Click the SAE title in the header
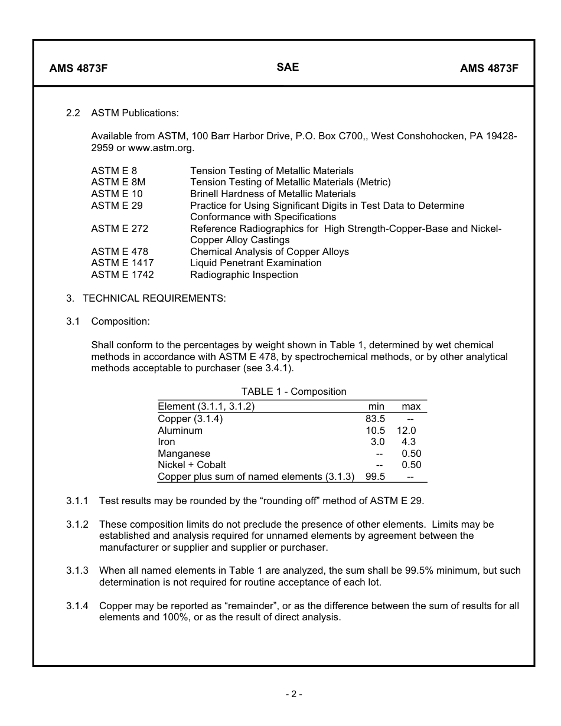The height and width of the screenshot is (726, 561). tap(288, 67)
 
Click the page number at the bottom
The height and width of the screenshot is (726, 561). tap(293, 694)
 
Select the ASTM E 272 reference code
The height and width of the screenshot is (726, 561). tap(119, 228)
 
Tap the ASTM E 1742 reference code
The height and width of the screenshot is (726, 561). tap(122, 274)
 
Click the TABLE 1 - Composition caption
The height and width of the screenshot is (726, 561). tap(293, 391)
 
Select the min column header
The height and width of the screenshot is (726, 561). tap(376, 406)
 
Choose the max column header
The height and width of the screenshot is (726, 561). tap(411, 406)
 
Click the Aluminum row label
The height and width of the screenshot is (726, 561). tap(180, 430)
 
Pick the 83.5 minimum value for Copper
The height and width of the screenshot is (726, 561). tap(375, 418)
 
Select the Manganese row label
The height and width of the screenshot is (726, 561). tap(184, 453)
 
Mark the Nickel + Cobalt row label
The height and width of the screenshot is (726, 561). tap(191, 465)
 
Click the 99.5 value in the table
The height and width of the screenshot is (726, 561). tap(375, 476)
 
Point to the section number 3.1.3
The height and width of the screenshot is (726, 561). tap(77, 570)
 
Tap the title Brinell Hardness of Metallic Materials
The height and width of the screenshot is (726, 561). tap(273, 194)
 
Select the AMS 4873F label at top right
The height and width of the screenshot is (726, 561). tap(489, 68)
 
